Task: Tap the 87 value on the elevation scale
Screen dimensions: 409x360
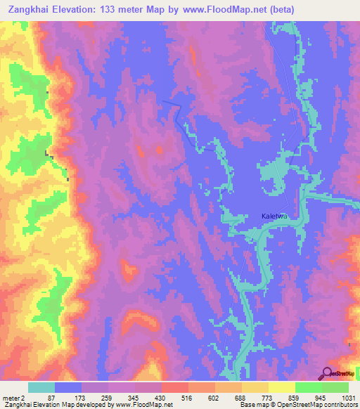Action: pos(48,398)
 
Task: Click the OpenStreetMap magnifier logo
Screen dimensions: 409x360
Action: pos(327,372)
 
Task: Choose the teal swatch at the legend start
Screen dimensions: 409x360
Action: pos(41,387)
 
